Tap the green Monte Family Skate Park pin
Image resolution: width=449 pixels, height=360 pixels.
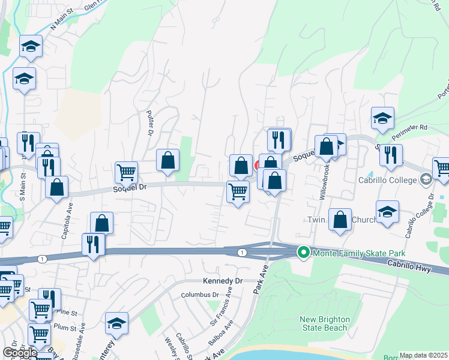click(303, 253)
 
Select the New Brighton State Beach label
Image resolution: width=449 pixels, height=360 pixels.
click(324, 323)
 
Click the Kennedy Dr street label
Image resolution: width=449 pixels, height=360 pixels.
click(221, 281)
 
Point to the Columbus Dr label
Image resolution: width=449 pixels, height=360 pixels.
click(200, 295)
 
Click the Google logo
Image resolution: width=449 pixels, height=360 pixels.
click(20, 353)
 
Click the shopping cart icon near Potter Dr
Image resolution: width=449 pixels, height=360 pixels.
click(126, 172)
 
